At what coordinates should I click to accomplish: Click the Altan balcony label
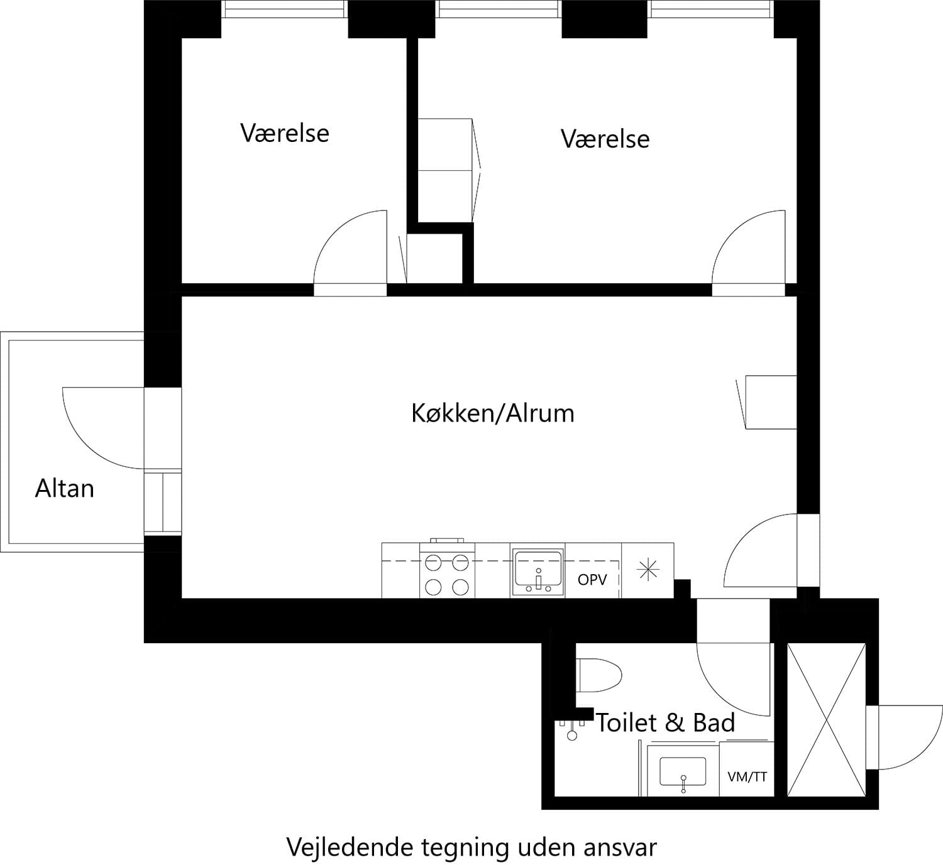[64, 488]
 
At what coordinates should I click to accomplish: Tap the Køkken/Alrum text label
[492, 413]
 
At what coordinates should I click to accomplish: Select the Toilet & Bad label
[665, 723]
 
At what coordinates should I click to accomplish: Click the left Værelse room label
[285, 133]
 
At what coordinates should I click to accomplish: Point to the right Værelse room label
[605, 139]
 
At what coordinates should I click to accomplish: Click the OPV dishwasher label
[592, 579]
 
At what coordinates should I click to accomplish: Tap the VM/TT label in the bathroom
[747, 776]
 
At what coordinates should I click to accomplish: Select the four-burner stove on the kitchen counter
[447, 574]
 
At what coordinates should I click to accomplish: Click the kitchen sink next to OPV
[538, 570]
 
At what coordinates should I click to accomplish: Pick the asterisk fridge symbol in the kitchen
[648, 570]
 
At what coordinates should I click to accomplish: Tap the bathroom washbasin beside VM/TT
[683, 771]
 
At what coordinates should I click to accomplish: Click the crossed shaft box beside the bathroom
[826, 720]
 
